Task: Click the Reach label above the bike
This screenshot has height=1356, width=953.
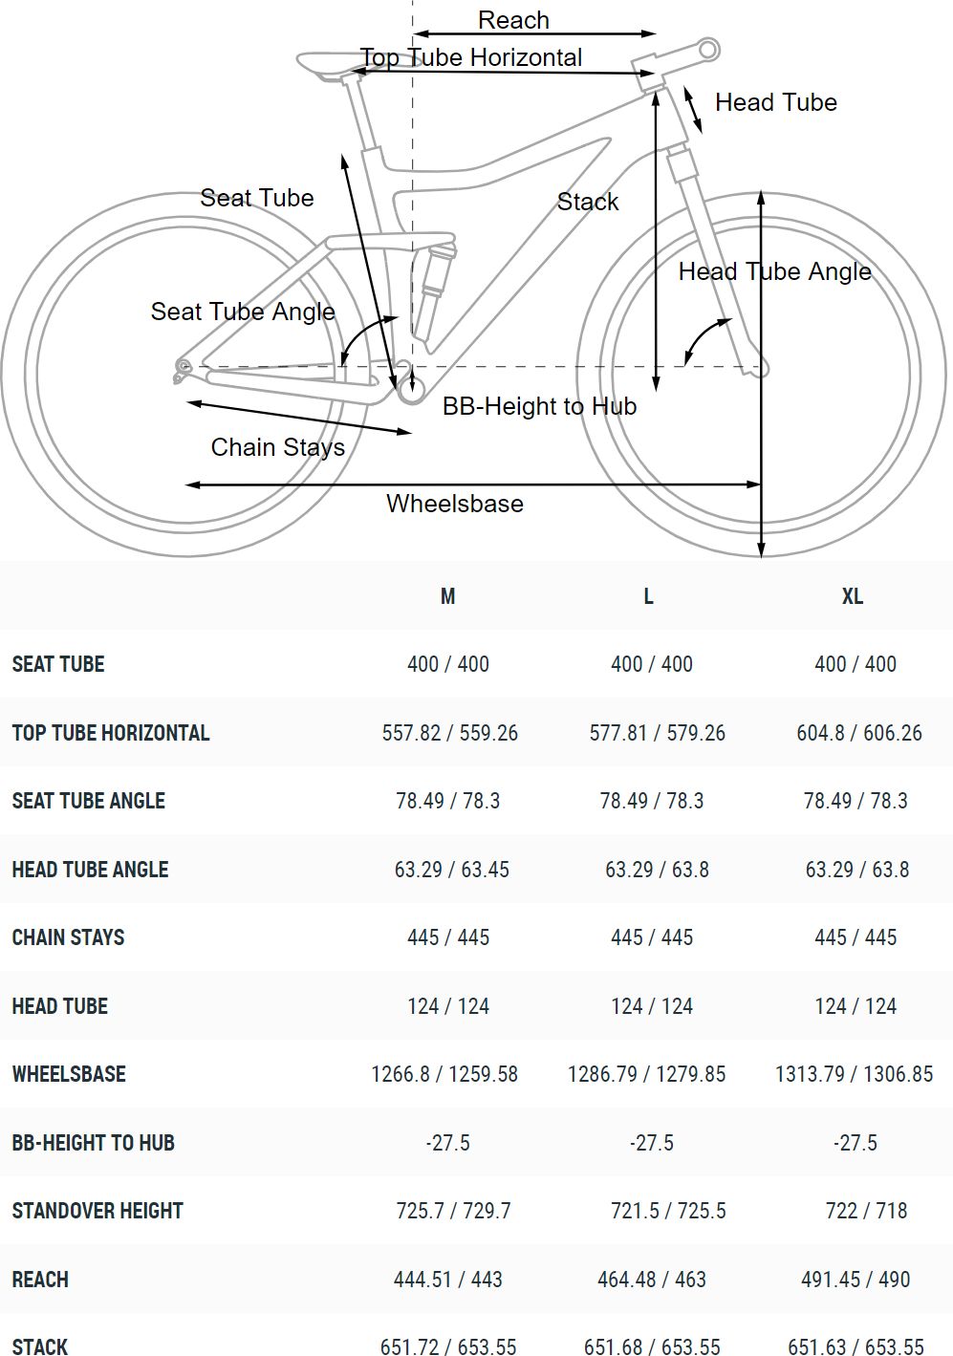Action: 513,20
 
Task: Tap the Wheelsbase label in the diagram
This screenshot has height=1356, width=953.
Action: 454,504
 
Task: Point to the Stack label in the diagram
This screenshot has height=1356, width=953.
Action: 588,202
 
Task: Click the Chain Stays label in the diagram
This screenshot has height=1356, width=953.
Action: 277,447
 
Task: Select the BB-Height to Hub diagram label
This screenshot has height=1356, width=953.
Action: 539,406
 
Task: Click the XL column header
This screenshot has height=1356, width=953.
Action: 853,596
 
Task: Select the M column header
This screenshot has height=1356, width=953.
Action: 447,596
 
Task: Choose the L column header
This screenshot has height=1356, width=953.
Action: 648,596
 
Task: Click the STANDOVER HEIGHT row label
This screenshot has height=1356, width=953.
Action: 97,1211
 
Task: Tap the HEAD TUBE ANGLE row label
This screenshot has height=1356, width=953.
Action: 90,870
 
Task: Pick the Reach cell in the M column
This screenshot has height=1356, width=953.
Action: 447,1279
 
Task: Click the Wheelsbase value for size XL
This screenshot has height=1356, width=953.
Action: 854,1074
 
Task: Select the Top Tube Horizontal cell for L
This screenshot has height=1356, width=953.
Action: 657,733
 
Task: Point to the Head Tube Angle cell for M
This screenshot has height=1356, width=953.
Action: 451,870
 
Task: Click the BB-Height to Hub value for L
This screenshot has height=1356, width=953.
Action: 652,1143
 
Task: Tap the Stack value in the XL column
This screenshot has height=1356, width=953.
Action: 856,1346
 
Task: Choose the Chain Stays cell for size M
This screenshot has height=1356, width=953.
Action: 447,937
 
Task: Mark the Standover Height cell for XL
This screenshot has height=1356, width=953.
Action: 866,1211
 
